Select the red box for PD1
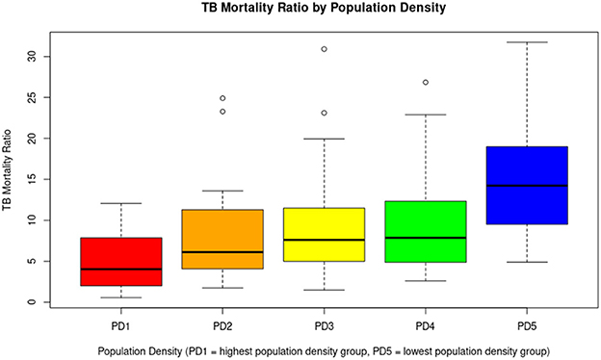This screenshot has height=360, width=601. [121, 262]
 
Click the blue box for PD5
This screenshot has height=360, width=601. [527, 183]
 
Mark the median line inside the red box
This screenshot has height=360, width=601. [121, 270]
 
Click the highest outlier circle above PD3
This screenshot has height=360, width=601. [325, 49]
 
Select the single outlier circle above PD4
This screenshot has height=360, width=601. [426, 83]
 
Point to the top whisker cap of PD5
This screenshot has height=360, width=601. [527, 42]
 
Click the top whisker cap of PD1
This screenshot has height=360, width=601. [121, 203]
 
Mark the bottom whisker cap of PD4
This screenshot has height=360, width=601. [426, 281]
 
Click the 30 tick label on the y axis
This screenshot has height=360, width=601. [32, 56]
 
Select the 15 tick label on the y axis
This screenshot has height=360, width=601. [32, 179]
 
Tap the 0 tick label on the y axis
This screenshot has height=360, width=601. [32, 302]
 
